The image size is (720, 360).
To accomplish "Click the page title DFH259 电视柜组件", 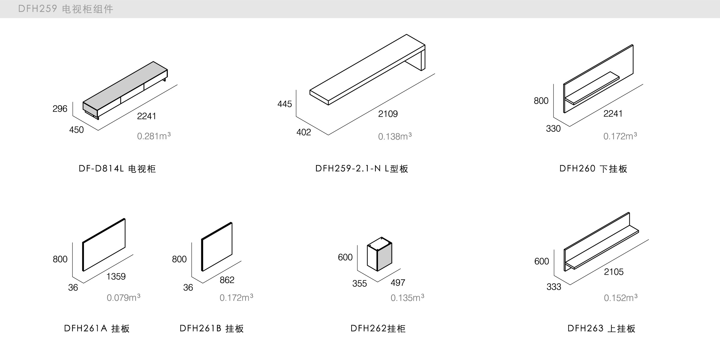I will [x=66, y=9].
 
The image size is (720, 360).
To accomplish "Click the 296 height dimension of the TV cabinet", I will [x=60, y=109].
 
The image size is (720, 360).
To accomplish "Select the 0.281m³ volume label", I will [x=154, y=136].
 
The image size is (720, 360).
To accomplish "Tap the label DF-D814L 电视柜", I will [x=117, y=169].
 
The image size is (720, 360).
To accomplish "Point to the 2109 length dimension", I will [x=388, y=114].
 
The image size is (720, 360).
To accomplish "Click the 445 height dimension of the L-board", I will [x=285, y=104].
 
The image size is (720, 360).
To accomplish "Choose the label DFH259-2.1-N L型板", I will [x=362, y=169].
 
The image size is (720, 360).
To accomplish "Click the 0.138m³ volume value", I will [x=395, y=137].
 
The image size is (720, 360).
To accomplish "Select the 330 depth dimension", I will [x=553, y=129].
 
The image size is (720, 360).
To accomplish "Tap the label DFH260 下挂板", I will [x=593, y=169].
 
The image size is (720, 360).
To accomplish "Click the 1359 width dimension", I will [x=116, y=276].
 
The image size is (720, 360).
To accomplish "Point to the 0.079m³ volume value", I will [x=123, y=298].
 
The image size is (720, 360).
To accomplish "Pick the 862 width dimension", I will [x=227, y=280].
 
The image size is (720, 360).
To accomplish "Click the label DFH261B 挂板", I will [x=212, y=329].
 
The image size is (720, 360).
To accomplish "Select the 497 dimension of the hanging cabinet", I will [x=398, y=283].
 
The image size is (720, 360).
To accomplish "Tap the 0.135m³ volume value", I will [x=407, y=298].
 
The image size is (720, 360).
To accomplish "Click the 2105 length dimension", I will [x=614, y=272].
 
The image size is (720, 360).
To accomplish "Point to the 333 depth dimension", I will [x=554, y=287].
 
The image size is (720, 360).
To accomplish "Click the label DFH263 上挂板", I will [x=601, y=329].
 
